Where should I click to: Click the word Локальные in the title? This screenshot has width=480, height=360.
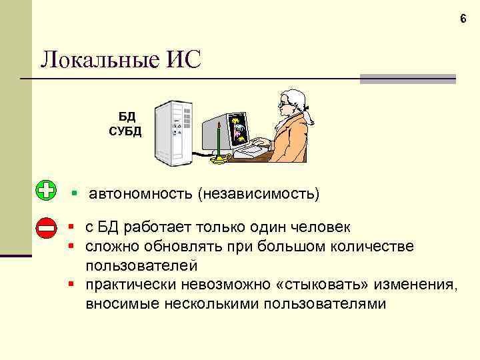coord(93,60)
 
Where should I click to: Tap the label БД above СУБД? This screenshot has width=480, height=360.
coord(127,117)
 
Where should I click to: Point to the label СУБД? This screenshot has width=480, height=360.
coord(125,130)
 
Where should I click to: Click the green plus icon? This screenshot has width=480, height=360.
coord(45,190)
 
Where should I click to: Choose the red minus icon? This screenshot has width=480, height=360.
coord(45,228)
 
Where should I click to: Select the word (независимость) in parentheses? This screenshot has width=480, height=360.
coord(258,195)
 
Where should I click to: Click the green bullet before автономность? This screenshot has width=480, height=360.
coord(75,194)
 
